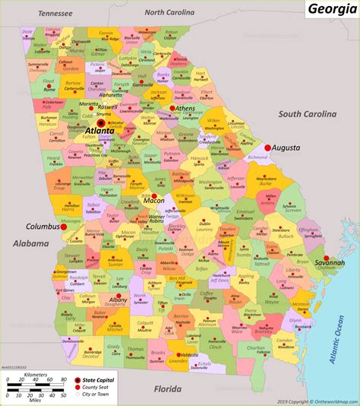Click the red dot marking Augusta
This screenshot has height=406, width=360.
[267, 147]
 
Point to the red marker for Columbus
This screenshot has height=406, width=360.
[65, 226]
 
